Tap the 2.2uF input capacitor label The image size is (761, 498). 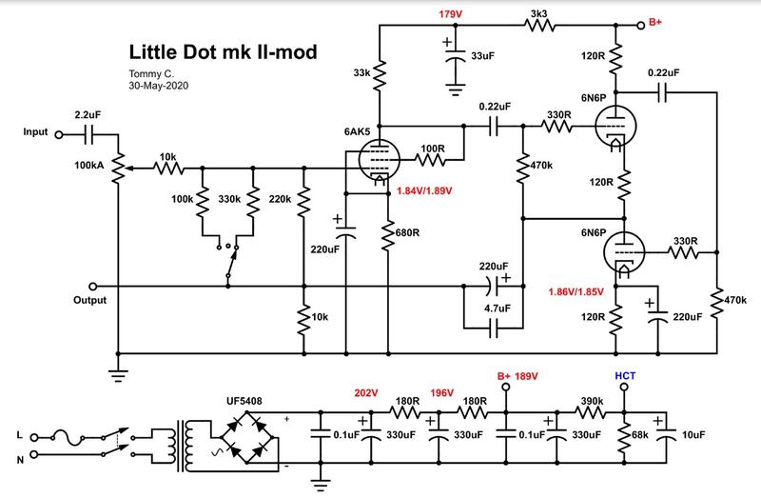click(87, 117)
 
